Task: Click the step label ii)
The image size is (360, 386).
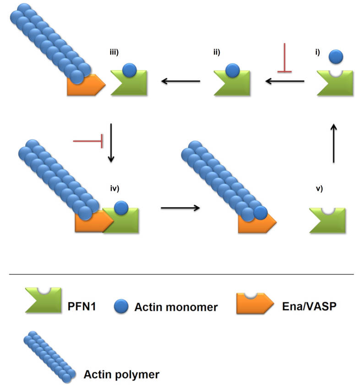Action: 215,52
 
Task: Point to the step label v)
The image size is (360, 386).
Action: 319,187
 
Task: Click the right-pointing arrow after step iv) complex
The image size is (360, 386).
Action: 180,208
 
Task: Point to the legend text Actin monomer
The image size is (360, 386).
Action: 176,307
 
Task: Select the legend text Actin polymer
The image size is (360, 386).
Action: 121,374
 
